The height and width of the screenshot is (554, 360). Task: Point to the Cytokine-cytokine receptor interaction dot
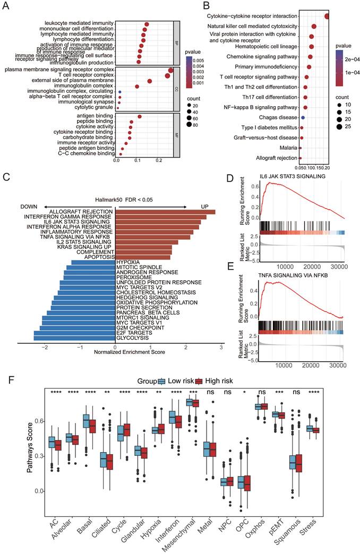327,16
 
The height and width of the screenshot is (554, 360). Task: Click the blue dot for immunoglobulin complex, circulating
120,91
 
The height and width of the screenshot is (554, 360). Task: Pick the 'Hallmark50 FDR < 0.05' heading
116,198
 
